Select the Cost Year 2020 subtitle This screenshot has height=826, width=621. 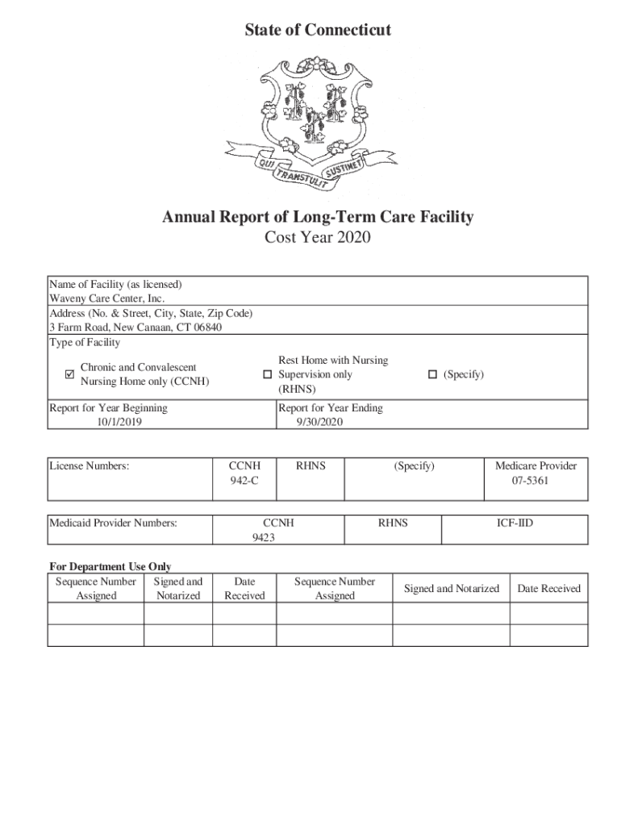click(317, 238)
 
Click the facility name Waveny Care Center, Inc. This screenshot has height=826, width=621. click(107, 298)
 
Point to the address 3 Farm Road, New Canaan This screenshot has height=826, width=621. click(135, 327)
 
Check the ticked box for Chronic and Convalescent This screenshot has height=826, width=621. click(69, 374)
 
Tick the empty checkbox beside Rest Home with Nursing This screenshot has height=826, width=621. click(268, 375)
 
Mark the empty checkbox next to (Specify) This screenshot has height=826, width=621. click(432, 374)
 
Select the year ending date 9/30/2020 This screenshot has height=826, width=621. click(320, 422)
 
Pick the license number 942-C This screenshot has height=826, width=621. click(244, 481)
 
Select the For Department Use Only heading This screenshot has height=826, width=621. click(110, 567)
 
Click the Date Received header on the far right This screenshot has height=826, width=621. click(548, 589)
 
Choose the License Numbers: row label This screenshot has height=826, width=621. click(90, 466)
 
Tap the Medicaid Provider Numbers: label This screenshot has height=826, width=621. click(113, 524)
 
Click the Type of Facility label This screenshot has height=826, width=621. click(85, 343)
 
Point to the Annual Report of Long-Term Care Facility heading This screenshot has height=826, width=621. click(317, 217)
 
